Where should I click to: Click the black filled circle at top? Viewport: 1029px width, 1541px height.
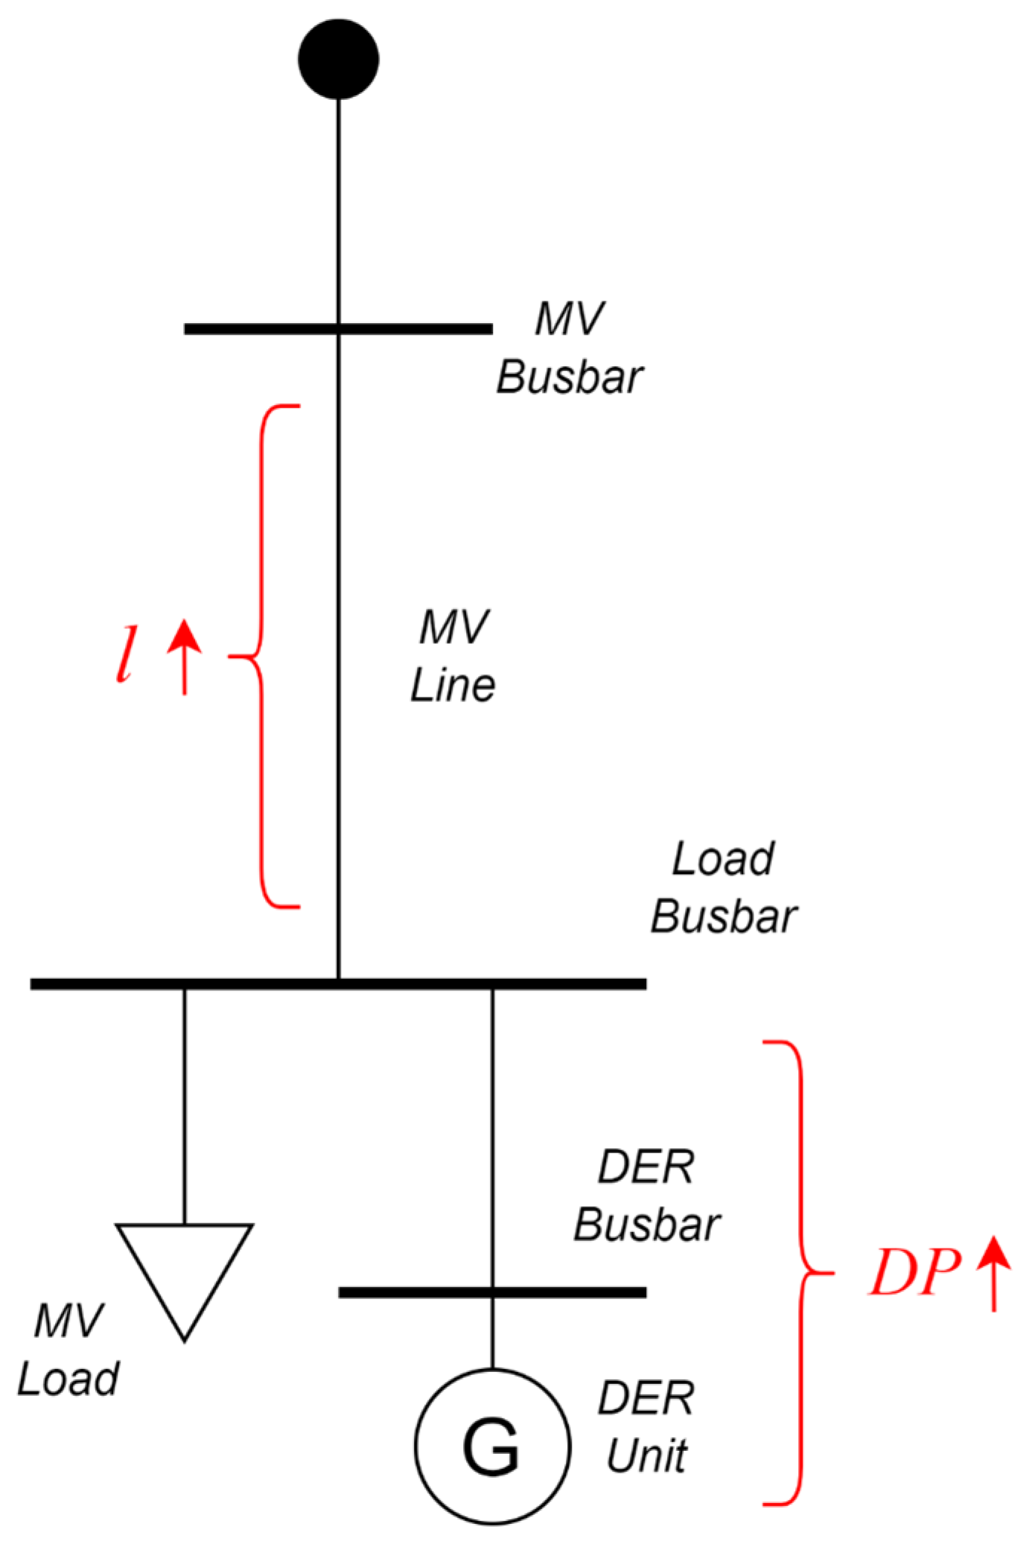338,59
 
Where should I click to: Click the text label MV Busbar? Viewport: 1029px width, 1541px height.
570,348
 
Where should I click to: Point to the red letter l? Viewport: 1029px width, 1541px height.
127,654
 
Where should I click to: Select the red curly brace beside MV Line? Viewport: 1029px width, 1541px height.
262,657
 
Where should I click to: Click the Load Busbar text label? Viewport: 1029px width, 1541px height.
724,887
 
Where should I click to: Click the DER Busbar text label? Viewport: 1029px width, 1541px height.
646,1196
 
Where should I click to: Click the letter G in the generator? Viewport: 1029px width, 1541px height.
491,1447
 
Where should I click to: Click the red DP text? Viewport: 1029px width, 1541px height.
914,1273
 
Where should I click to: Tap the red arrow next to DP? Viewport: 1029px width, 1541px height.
994,1273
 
